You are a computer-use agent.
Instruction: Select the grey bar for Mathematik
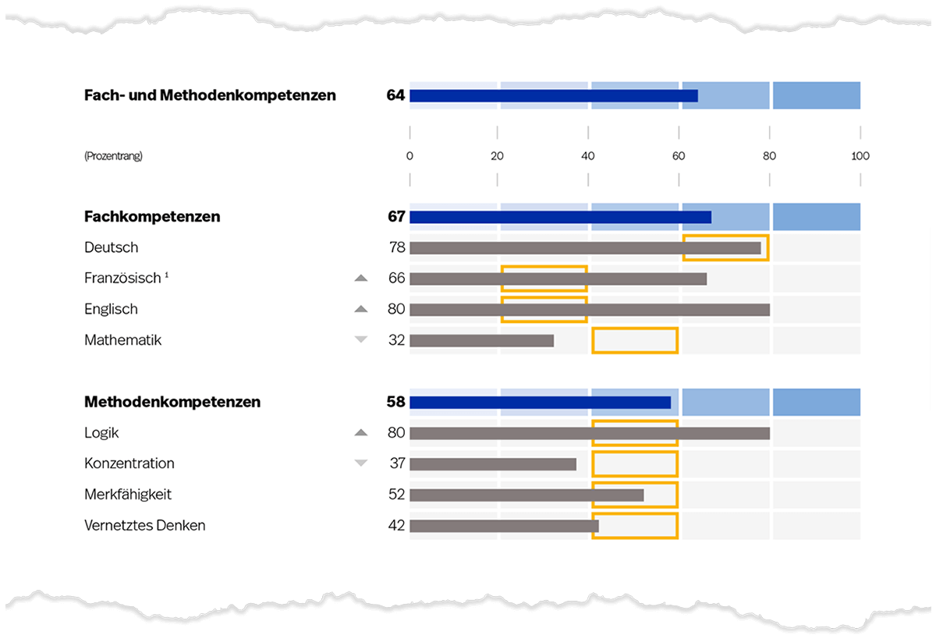481,340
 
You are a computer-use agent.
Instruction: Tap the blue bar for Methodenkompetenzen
540,403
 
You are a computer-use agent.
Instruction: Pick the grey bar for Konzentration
493,464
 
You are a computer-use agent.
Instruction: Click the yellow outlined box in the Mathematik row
635,340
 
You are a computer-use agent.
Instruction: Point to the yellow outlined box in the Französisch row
544,279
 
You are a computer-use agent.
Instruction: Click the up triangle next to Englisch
360,309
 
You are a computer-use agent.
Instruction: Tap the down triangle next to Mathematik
360,339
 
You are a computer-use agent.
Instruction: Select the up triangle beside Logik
360,432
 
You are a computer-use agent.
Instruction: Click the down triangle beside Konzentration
360,463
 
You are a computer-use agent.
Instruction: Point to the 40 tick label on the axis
588,156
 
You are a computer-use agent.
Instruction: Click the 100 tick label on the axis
860,156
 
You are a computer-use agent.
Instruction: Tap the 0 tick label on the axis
409,156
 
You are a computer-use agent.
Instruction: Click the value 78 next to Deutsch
396,247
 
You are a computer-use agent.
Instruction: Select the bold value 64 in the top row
395,96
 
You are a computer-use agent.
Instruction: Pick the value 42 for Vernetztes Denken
396,526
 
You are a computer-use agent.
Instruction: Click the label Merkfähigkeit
128,495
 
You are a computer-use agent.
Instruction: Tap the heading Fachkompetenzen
152,217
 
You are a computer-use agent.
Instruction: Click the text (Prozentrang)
113,156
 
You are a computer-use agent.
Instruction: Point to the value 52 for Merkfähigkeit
396,495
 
